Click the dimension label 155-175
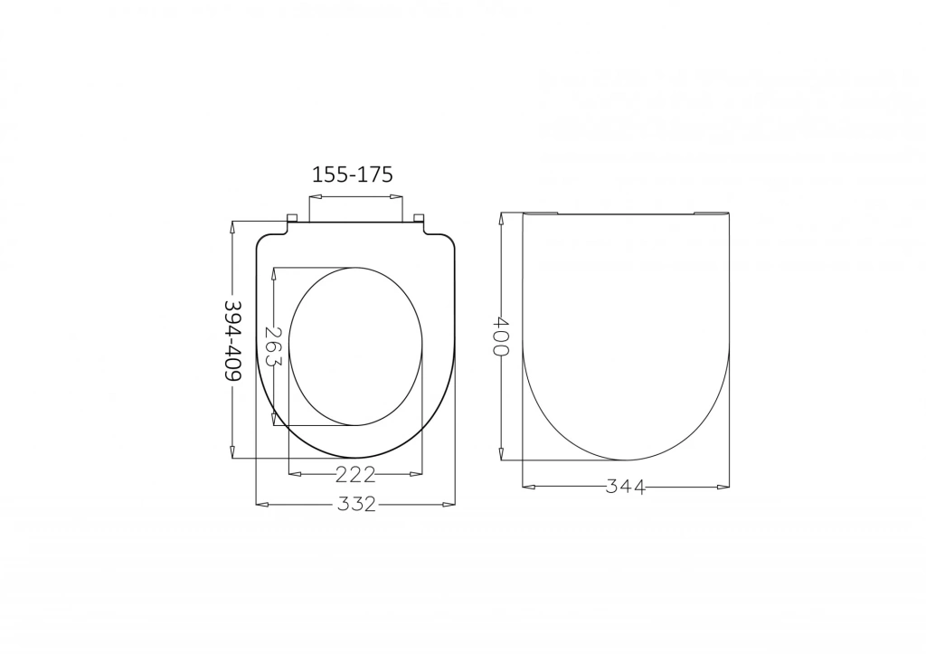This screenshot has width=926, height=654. [x=352, y=175]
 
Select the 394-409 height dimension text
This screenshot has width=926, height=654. [x=233, y=340]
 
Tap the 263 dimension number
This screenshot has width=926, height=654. [x=273, y=346]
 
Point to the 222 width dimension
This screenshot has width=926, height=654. [x=355, y=474]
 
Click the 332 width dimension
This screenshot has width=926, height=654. [x=356, y=504]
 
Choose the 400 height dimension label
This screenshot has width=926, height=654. [x=500, y=336]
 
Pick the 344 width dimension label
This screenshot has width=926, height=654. [x=626, y=487]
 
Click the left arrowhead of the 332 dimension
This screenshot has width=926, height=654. [x=262, y=504]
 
